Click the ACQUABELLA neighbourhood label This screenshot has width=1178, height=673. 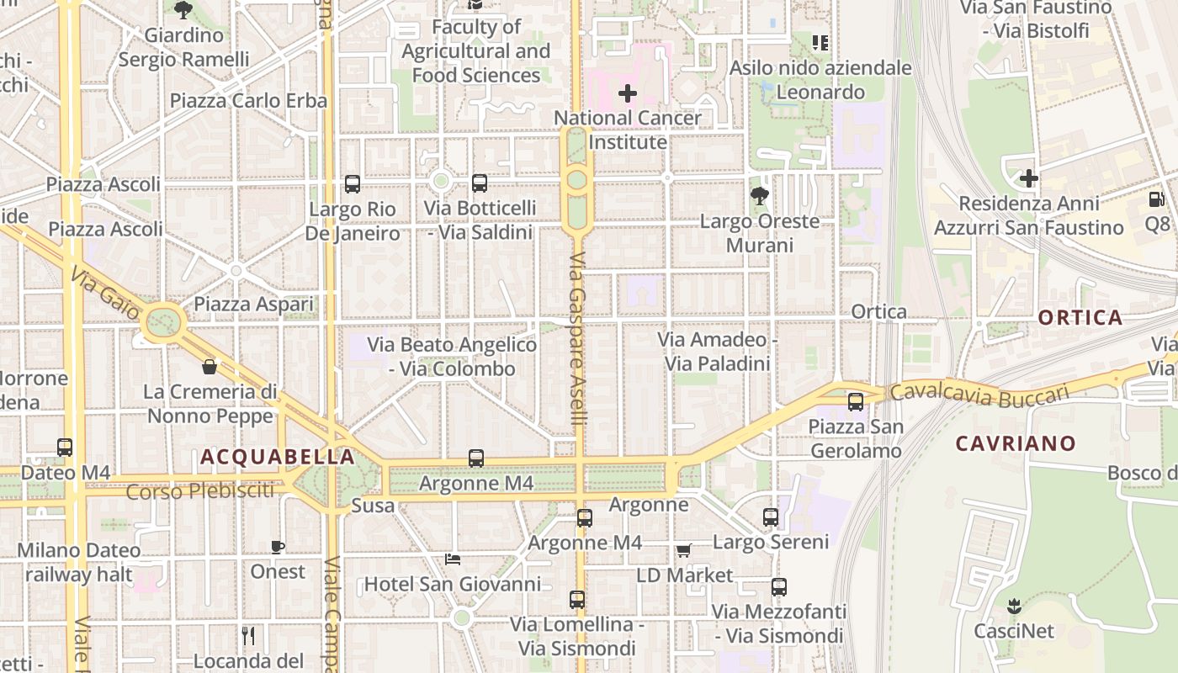[x=278, y=457]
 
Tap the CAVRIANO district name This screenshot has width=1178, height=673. [x=1016, y=443]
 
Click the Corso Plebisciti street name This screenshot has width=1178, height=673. [x=200, y=490]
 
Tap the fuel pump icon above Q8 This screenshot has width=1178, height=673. [x=1157, y=199]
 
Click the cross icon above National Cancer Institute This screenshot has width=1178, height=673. [x=628, y=93]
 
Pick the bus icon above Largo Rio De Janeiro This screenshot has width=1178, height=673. [x=353, y=184]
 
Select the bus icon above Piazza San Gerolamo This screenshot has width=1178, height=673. [x=856, y=401]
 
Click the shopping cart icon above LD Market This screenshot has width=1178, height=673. [x=684, y=550]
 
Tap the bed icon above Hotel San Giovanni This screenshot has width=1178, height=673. [x=453, y=559]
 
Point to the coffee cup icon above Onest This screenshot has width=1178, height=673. [x=278, y=547]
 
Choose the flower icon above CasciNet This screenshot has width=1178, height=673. [x=1014, y=606]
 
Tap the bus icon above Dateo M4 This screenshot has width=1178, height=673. [x=65, y=448]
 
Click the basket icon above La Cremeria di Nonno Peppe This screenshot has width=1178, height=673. [x=210, y=367]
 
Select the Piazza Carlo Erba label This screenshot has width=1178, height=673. [x=248, y=101]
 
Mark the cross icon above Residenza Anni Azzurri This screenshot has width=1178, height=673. [x=1028, y=178]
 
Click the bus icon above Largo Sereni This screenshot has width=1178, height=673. [x=771, y=517]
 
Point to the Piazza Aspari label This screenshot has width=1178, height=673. [x=253, y=304]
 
